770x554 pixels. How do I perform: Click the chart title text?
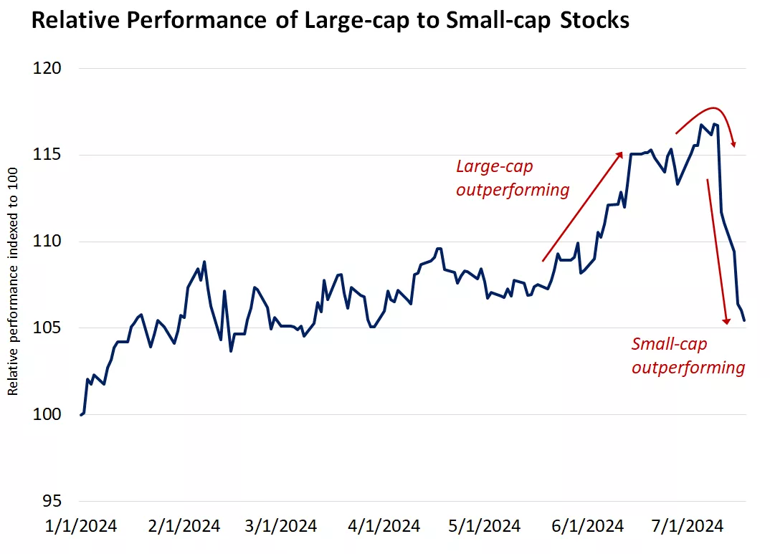[330, 21]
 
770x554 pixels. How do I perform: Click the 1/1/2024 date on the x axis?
[81, 526]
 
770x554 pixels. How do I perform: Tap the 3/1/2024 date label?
[281, 526]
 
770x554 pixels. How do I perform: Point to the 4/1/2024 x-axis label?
[384, 526]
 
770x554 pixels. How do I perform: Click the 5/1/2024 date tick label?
[485, 526]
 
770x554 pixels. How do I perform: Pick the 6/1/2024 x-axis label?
[588, 526]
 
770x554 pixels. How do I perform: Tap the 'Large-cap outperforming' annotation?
[512, 178]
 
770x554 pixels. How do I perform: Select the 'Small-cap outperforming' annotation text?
[688, 356]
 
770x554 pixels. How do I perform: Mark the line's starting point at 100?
[81, 415]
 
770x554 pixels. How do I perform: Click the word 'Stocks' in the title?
[592, 21]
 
